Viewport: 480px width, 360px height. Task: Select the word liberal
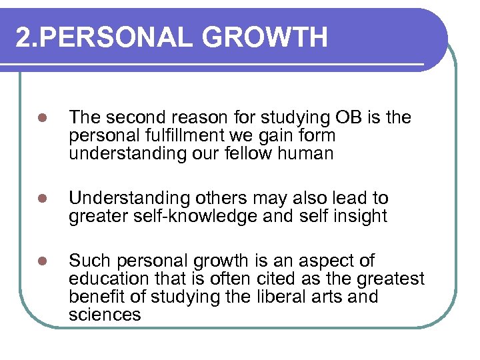click(x=285, y=297)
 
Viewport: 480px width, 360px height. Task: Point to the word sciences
click(x=105, y=315)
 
